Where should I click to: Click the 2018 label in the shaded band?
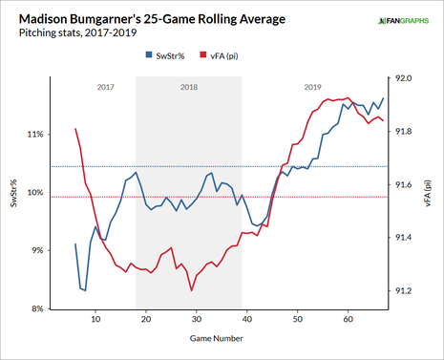tap(188, 87)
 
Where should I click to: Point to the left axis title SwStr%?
tap(13, 193)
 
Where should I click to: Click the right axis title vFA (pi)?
tap(428, 193)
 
